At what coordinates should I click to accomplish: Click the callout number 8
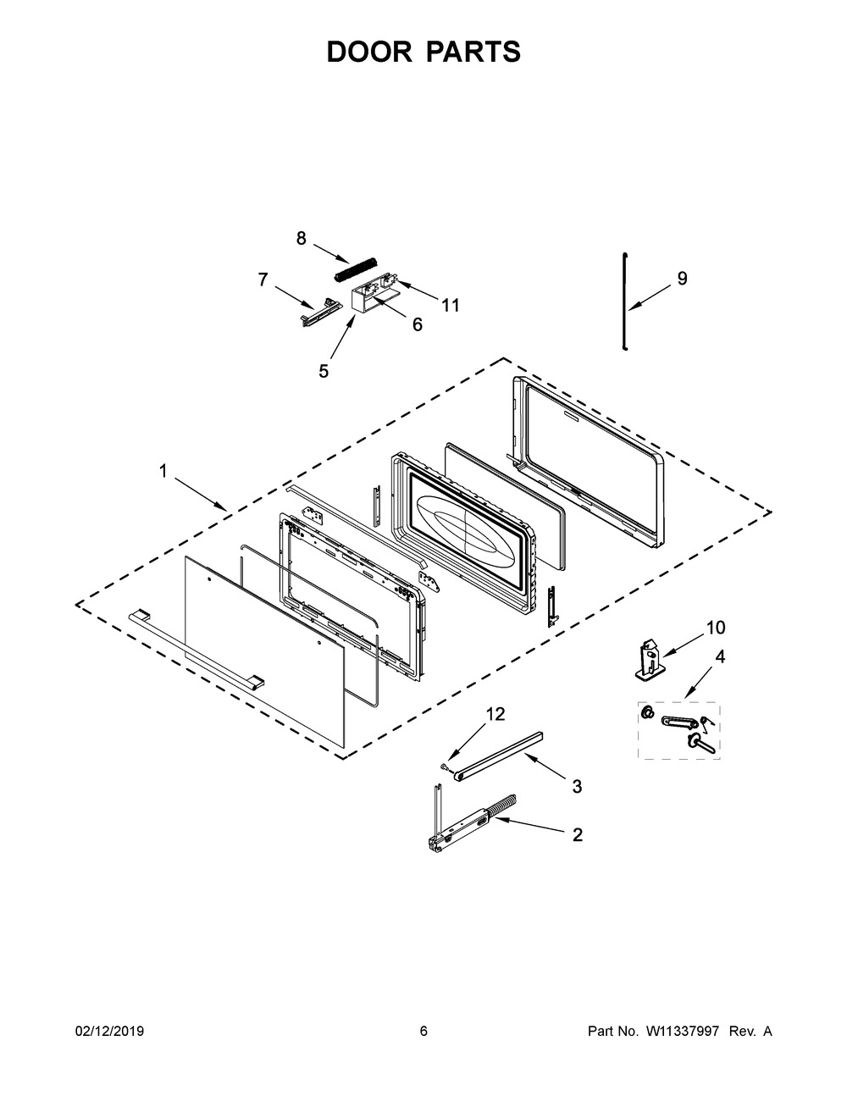coord(301,239)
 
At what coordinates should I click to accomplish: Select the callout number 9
coord(682,279)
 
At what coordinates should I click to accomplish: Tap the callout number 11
coord(451,306)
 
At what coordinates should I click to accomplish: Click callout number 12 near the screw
coord(495,714)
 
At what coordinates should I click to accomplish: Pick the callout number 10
coord(716,628)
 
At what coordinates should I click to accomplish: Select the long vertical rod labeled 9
coord(623,301)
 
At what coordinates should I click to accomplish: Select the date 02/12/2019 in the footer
coord(109,1032)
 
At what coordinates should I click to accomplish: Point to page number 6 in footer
coord(423,1032)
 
